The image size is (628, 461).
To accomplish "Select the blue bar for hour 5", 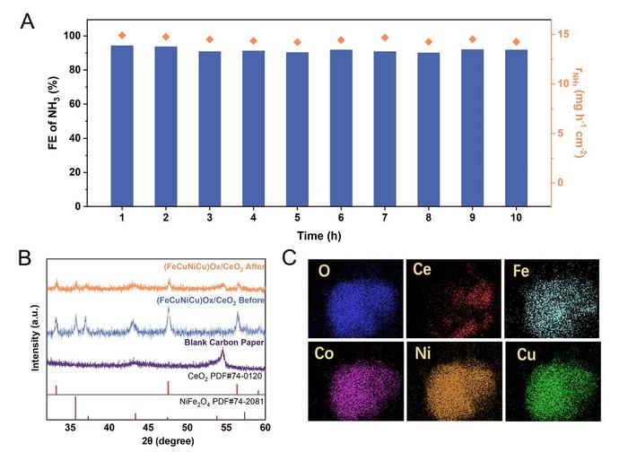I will [297, 129].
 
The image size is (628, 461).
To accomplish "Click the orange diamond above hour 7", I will [385, 38].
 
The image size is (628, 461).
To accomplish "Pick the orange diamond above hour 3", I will [210, 39].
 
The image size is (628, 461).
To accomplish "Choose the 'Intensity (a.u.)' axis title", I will [33, 340].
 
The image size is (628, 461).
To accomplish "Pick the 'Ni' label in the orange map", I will [423, 354].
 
